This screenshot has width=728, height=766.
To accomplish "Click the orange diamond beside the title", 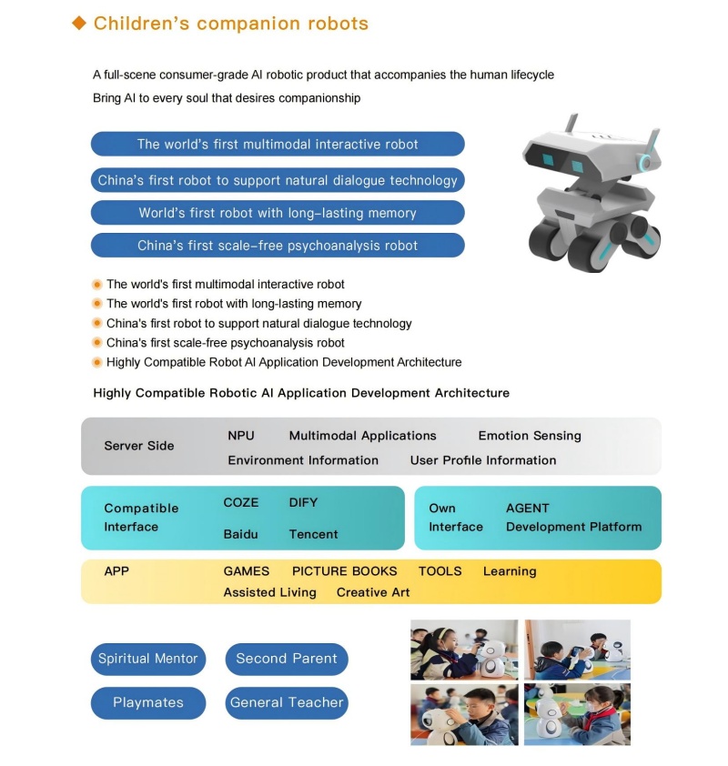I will [x=79, y=24].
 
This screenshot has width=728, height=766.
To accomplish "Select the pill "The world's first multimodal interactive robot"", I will [x=278, y=144].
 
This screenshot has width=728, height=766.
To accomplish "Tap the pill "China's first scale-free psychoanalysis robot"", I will [x=278, y=246].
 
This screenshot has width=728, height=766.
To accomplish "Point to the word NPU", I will [x=241, y=436].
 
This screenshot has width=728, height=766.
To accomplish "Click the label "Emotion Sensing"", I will [x=530, y=436].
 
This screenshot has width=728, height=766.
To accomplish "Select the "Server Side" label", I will [x=139, y=446].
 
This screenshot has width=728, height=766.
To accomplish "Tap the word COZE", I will [x=241, y=502].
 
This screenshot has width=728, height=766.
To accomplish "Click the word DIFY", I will [x=303, y=502].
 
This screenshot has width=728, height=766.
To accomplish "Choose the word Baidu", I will [x=240, y=534].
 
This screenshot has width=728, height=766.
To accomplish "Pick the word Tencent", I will [x=313, y=534].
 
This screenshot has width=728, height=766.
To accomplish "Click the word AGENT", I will [x=528, y=509].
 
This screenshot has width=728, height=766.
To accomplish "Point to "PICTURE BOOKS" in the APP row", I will [x=344, y=571].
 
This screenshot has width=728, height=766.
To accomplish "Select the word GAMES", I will [x=247, y=571].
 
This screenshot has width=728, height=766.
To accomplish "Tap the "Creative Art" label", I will [x=373, y=592].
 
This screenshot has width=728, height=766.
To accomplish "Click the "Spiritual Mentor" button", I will [x=148, y=659].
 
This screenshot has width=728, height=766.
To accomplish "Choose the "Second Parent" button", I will [x=287, y=659].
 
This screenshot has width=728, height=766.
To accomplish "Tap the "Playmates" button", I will [x=148, y=702].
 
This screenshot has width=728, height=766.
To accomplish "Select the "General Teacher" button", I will [x=287, y=702].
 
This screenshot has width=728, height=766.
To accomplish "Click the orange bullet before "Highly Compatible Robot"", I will [x=97, y=362].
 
